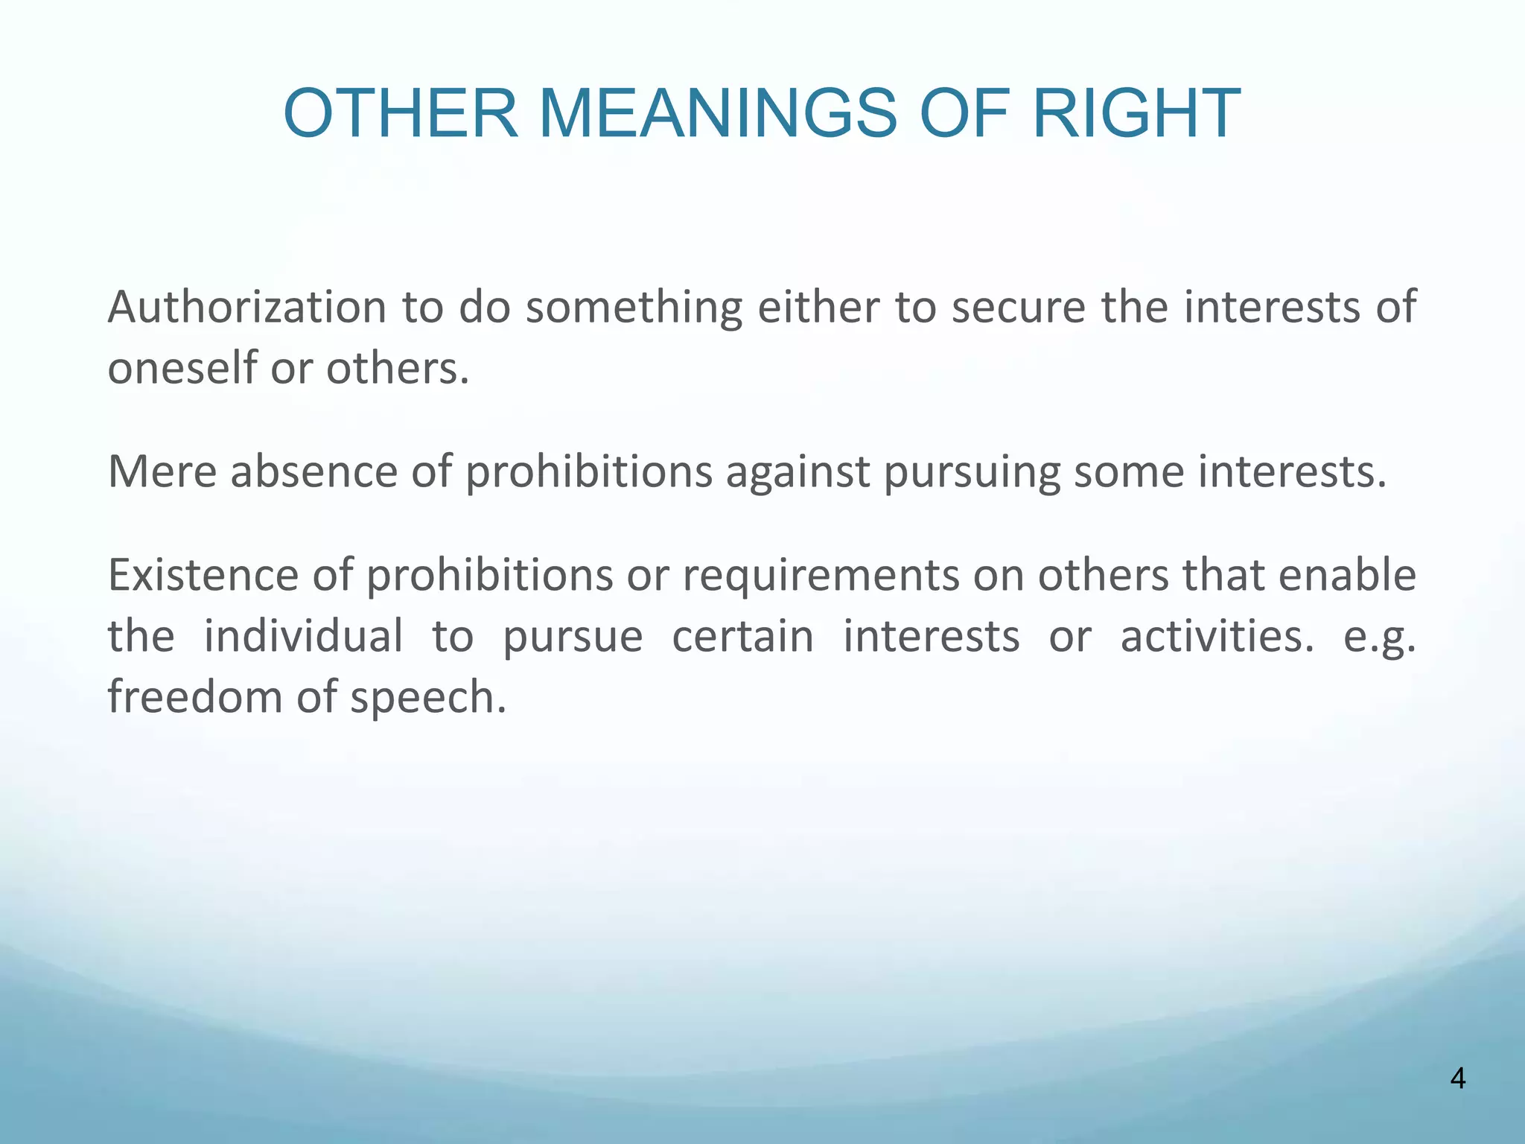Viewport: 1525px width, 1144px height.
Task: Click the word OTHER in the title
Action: pos(401,114)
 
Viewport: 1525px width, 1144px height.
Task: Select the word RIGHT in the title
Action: pos(1136,114)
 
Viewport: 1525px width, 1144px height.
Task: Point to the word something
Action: pos(634,308)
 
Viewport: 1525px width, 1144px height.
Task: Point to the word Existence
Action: pos(203,576)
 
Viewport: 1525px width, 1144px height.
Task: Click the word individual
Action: pos(303,637)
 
